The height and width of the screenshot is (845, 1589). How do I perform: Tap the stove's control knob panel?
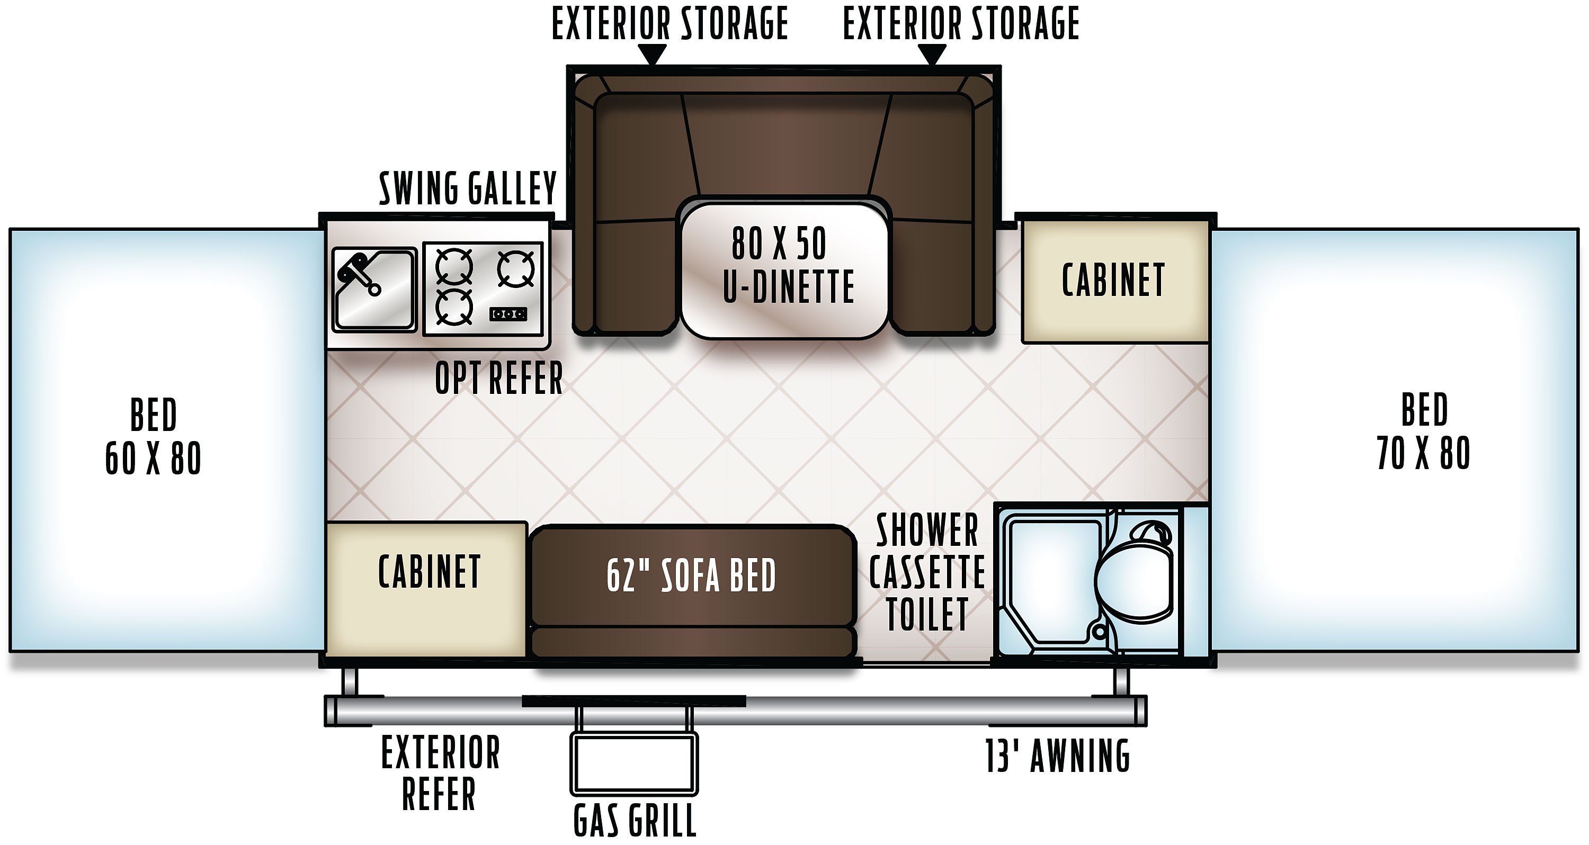508,314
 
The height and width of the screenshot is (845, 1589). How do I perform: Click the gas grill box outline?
634,763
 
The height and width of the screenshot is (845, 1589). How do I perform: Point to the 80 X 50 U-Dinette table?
784,270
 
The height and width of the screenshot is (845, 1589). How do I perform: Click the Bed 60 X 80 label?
154,436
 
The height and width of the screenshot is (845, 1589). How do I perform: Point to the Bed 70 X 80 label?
1424,430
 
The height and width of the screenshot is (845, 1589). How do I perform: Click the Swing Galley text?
468,188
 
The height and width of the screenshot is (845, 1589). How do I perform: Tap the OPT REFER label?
499,377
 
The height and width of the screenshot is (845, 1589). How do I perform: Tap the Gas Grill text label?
635,820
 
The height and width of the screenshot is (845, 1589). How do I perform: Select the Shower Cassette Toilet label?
927,572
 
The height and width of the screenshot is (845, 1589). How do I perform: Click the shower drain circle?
1099,632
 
